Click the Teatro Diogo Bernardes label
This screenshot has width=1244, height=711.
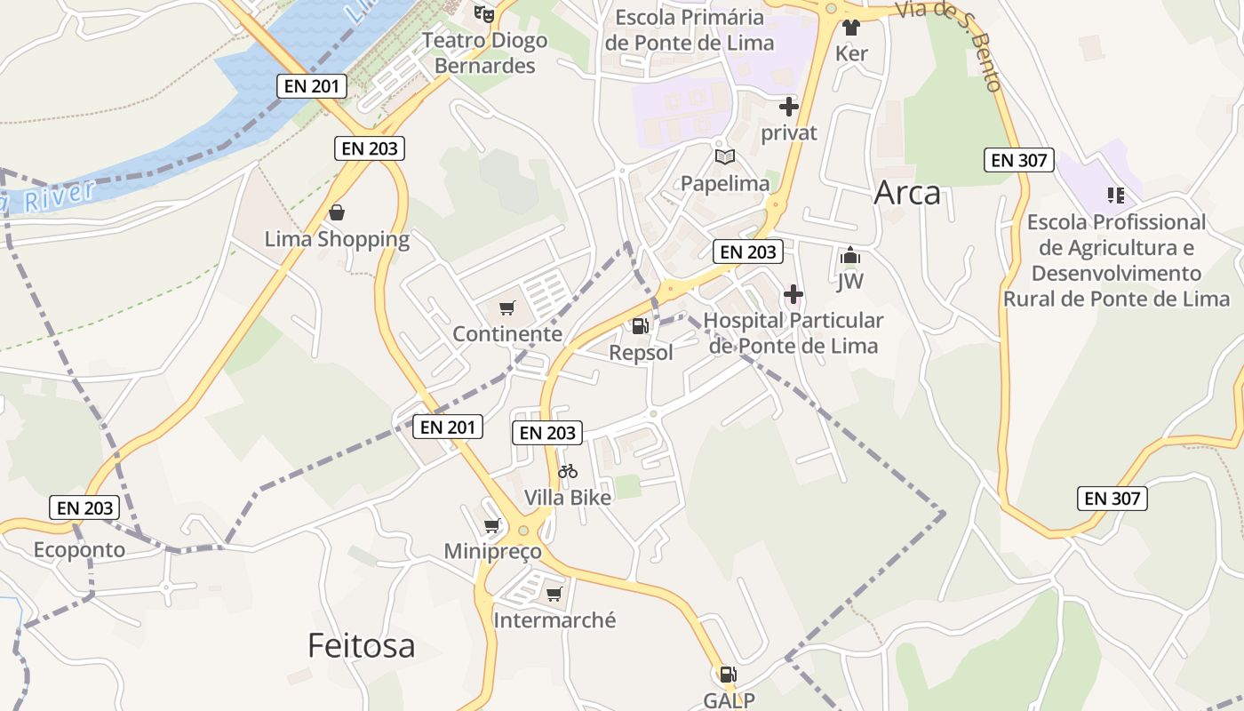coord(484,53)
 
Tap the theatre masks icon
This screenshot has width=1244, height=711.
coord(483,13)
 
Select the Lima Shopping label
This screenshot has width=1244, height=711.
coord(338,239)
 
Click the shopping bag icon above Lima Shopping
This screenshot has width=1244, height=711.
coord(337,212)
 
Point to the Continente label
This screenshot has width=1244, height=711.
coord(507,334)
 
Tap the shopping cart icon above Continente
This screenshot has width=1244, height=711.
coord(506,308)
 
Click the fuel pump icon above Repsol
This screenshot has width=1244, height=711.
coord(640,326)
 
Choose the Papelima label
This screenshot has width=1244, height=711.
coord(725,183)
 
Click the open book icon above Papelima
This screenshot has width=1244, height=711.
coord(725,157)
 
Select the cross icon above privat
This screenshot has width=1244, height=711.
coord(788,108)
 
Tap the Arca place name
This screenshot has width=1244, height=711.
coord(907,193)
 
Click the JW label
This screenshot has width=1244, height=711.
coord(850,282)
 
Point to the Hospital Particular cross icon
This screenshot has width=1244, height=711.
coord(793,294)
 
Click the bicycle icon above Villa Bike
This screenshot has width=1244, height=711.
coord(568,471)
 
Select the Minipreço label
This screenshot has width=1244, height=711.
coord(493,552)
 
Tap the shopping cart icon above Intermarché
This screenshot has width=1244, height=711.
coord(554,594)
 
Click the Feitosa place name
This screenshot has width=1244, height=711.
coord(361,645)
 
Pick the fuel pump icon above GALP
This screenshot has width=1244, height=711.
coord(728,675)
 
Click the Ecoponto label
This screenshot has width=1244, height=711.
coord(80,550)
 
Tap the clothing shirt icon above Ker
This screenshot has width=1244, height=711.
coord(851,28)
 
